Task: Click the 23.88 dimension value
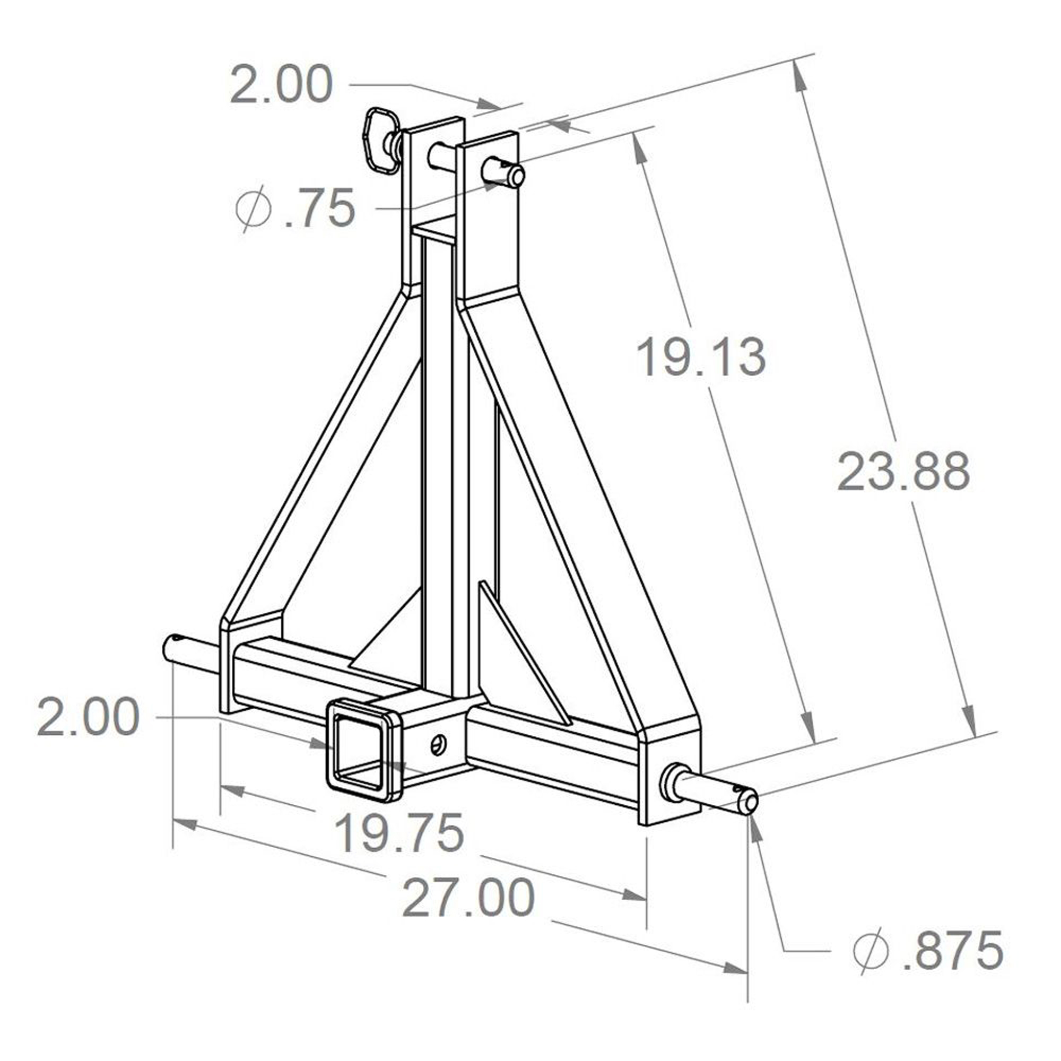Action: tap(903, 472)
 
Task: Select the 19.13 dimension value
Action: tap(701, 358)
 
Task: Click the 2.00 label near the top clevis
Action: tap(281, 84)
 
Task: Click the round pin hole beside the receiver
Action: tap(438, 745)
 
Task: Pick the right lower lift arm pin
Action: tap(719, 791)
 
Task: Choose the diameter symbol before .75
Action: tap(253, 208)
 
